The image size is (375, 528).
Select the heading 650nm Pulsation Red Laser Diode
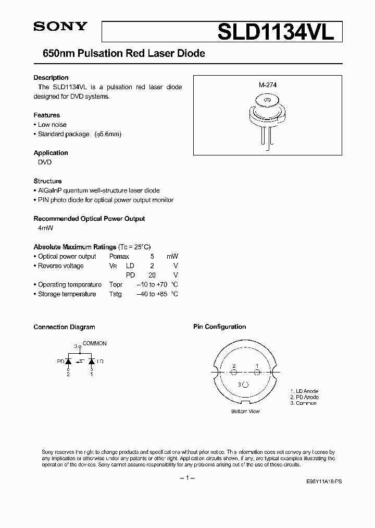[x=119, y=53]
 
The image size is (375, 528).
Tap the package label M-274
[x=267, y=86]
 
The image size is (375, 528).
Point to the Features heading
[x=46, y=115]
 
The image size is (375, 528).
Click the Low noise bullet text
[x=52, y=125]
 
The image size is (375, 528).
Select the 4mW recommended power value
[x=46, y=228]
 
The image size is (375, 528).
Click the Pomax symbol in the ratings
[x=119, y=257]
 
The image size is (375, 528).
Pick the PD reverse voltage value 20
[x=152, y=275]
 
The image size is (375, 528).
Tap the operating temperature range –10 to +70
[x=152, y=285]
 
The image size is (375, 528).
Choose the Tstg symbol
[x=115, y=294]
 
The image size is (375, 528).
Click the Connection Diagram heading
[x=64, y=327]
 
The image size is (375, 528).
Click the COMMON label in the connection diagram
[x=94, y=344]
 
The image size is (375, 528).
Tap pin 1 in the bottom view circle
[x=257, y=373]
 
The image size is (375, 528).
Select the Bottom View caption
[x=245, y=411]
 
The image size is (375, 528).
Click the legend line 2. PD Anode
[x=304, y=397]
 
